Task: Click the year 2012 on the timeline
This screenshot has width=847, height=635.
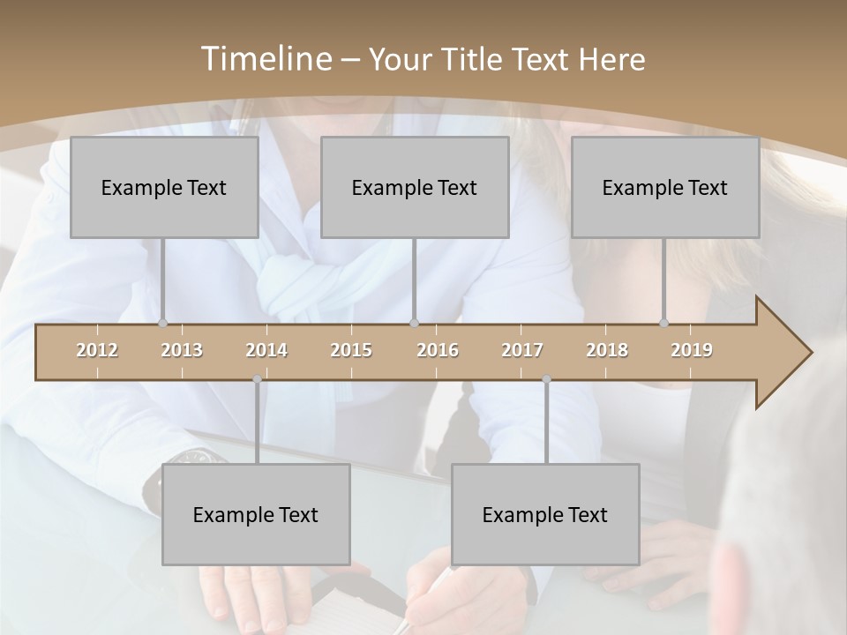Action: (x=97, y=350)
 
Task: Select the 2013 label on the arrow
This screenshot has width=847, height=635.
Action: (x=182, y=350)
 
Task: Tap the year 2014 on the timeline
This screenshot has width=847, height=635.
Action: (x=266, y=350)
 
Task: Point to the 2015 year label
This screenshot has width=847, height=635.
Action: (x=351, y=350)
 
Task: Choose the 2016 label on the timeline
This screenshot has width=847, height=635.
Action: (x=438, y=350)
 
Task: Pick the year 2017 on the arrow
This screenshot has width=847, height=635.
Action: (x=522, y=350)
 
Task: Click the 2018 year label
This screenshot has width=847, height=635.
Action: (x=607, y=350)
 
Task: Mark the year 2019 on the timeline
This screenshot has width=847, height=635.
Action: (x=692, y=350)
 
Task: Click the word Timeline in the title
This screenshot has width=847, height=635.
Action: (x=264, y=59)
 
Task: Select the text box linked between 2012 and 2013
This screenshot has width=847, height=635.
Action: (x=164, y=187)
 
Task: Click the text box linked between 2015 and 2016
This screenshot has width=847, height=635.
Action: (x=415, y=187)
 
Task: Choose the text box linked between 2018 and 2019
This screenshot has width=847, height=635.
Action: (x=665, y=187)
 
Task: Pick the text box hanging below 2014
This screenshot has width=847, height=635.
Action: (x=256, y=514)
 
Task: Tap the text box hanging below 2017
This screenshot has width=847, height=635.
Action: (x=545, y=514)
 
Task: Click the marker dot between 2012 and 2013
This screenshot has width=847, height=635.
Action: (x=163, y=324)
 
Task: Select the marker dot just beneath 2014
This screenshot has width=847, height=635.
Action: (x=257, y=379)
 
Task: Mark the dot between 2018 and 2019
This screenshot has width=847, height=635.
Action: (x=664, y=324)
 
